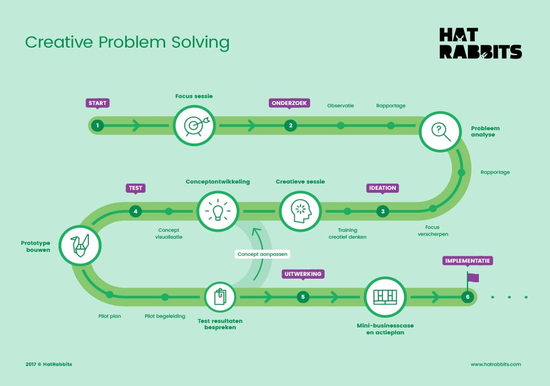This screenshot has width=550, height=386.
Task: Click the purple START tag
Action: tap(97, 103)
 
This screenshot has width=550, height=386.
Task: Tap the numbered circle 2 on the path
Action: tap(290, 125)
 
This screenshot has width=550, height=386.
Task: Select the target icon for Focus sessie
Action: tap(194, 125)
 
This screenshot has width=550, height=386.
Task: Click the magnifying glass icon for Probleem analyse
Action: tap(440, 131)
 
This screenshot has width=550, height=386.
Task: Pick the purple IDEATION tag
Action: tap(383, 188)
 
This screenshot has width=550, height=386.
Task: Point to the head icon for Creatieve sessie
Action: tap(301, 211)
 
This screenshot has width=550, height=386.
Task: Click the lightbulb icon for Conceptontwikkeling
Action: tap(218, 211)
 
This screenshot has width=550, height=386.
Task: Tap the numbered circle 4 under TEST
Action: tap(135, 211)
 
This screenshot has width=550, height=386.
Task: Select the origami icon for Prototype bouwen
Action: tap(80, 245)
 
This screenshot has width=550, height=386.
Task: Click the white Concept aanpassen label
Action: tap(262, 254)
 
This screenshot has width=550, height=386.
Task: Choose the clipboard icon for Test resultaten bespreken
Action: tap(220, 297)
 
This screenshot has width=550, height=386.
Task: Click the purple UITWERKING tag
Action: tap(303, 274)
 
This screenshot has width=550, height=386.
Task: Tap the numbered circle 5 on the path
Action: tap(303, 297)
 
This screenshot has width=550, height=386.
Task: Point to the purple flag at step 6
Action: tap(473, 278)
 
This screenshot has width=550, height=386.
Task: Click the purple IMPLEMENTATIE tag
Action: tap(467, 261)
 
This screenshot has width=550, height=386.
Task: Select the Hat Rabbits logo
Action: tap(481, 43)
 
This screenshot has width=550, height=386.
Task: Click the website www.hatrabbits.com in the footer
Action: tap(496, 364)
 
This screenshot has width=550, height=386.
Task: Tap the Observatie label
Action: tap(341, 106)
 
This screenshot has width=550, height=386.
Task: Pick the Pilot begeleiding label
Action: tap(165, 316)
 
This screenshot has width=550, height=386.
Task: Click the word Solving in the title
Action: tap(200, 42)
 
